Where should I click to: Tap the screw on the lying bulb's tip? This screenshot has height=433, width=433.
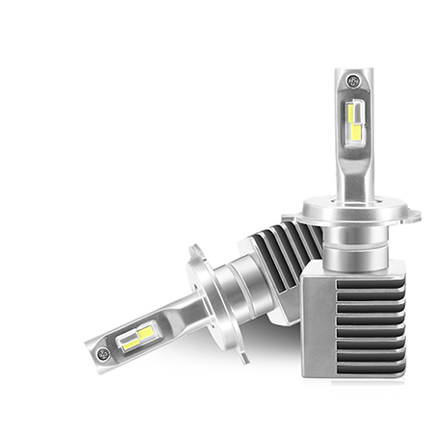103,354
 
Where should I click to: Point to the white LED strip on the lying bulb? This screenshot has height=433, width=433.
129,339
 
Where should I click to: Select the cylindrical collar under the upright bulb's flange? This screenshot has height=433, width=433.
354,245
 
